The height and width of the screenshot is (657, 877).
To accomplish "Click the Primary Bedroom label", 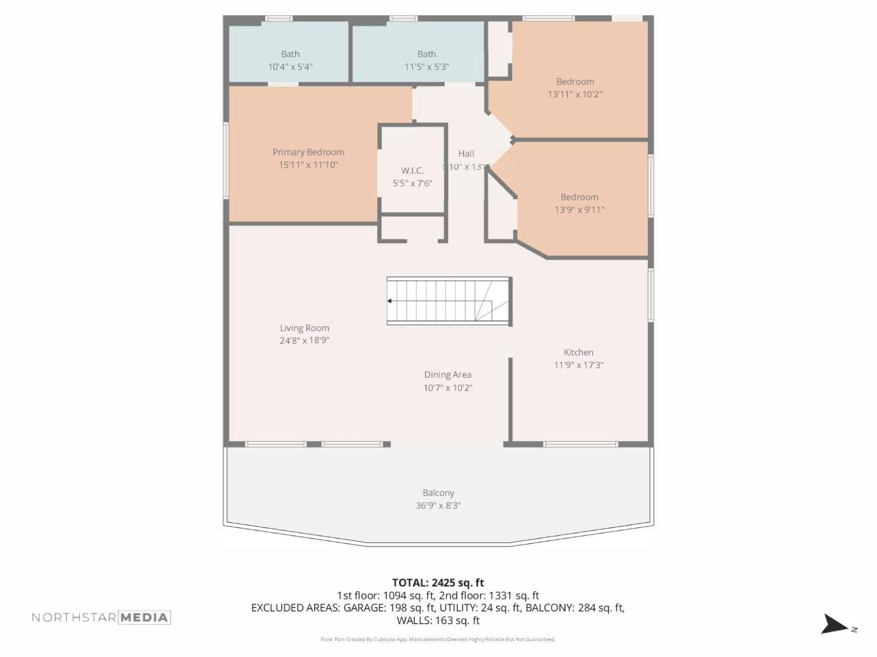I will coord(308,152).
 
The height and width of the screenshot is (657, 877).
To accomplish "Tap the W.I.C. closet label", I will coord(412,171).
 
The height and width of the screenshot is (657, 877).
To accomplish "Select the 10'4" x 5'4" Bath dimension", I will coord(290,67).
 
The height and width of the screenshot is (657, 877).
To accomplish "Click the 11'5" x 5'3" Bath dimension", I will coord(426,67).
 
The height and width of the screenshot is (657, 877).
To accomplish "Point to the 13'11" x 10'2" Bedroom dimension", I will coord(575,94).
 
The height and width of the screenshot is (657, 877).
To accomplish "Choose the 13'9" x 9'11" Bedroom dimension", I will coord(579,210).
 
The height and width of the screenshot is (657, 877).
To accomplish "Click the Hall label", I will coord(466,154).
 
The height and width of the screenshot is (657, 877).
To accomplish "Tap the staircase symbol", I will coord(448,301).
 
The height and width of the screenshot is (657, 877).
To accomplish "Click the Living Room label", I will coord(304,328).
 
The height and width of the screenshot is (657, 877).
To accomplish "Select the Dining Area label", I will coord(447,374).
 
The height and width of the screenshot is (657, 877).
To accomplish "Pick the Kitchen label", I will coord(578,353).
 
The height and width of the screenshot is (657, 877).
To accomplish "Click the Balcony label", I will coord(438,493).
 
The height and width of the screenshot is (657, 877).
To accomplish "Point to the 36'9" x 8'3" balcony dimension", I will coord(438,505).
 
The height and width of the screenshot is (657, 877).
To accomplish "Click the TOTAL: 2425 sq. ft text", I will coord(438,583).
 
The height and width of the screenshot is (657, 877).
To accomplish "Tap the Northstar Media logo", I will coord(101,618).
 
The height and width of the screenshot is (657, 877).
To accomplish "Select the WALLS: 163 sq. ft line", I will coord(438,620).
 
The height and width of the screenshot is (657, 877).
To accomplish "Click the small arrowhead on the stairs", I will coord(390,301).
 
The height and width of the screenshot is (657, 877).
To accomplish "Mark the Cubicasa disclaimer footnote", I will coord(438,639).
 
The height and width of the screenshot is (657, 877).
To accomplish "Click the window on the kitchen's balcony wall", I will coord(580,445).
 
